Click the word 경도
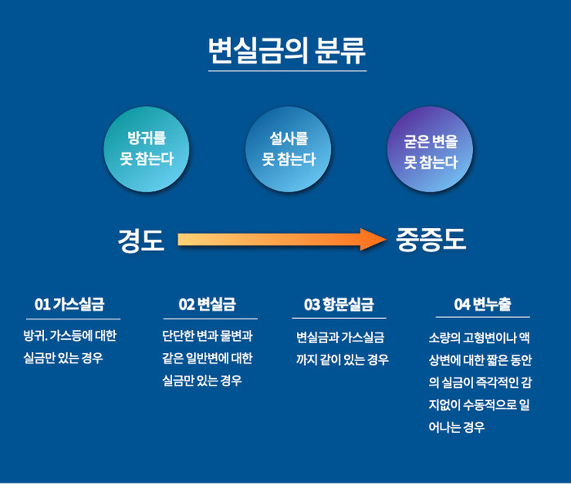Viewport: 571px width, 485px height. pos(141,240)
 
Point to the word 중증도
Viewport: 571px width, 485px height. pos(431,240)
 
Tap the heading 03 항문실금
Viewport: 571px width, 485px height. pos(339,305)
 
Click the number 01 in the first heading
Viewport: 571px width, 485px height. pos(42,305)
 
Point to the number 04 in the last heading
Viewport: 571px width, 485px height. pos(463,305)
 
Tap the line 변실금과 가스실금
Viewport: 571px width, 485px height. pos(340,337)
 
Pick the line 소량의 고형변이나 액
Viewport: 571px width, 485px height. pos(479,337)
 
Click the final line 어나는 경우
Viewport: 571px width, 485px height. pos(456,426)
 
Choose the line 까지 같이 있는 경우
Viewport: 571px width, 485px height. pos(342,359)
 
